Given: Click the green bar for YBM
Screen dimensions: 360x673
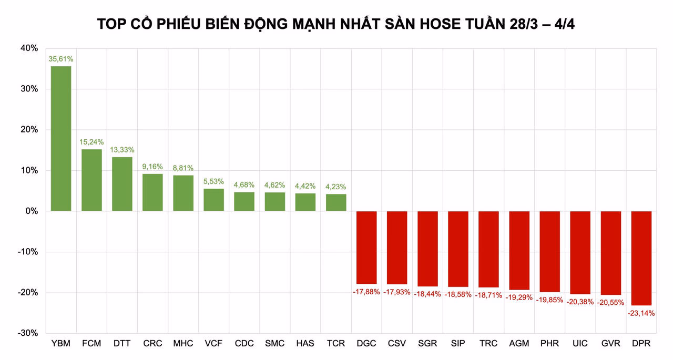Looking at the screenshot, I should click(x=61, y=139).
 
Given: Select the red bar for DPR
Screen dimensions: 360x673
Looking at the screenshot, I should click(x=641, y=258).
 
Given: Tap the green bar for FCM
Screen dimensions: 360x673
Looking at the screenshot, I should click(x=91, y=180).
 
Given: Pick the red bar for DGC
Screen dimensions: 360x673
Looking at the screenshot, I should click(x=366, y=248).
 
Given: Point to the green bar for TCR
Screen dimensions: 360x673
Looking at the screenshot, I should click(x=336, y=203).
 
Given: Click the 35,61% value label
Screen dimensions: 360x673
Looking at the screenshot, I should click(x=61, y=59).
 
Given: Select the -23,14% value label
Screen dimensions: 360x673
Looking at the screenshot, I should click(x=641, y=313).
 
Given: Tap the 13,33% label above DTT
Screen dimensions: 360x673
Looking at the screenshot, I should click(x=122, y=150).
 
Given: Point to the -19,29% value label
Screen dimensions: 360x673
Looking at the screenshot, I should click(x=519, y=297).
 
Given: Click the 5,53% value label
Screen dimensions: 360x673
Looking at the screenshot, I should click(x=213, y=181).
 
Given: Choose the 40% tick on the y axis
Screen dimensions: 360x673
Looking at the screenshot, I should click(x=29, y=48).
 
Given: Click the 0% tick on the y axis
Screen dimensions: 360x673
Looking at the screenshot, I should click(x=32, y=211).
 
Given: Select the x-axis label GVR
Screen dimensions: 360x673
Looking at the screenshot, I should click(x=611, y=344).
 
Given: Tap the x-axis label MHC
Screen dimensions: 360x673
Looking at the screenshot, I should click(x=183, y=344).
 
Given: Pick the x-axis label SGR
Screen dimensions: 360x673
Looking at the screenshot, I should click(x=427, y=344).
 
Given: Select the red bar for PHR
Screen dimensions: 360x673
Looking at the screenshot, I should click(x=549, y=252).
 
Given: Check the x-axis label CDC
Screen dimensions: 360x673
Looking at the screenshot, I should click(x=244, y=344).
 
